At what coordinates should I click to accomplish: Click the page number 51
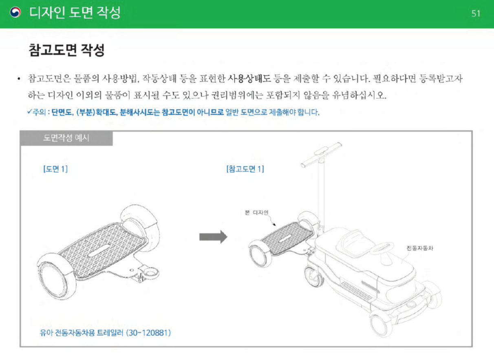(x=476, y=13)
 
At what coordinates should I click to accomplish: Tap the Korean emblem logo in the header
(x=16, y=13)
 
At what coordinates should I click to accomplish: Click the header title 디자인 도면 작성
(x=75, y=13)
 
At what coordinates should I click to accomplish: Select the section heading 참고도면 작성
(x=67, y=51)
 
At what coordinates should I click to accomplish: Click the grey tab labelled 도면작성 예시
(x=66, y=138)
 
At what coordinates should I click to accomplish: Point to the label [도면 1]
(x=55, y=169)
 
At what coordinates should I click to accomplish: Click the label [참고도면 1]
(x=245, y=169)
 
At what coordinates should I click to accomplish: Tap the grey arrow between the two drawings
(x=213, y=236)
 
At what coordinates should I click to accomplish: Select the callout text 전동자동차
(x=419, y=248)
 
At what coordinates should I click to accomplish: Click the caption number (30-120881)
(x=149, y=333)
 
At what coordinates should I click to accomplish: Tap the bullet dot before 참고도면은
(x=19, y=78)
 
